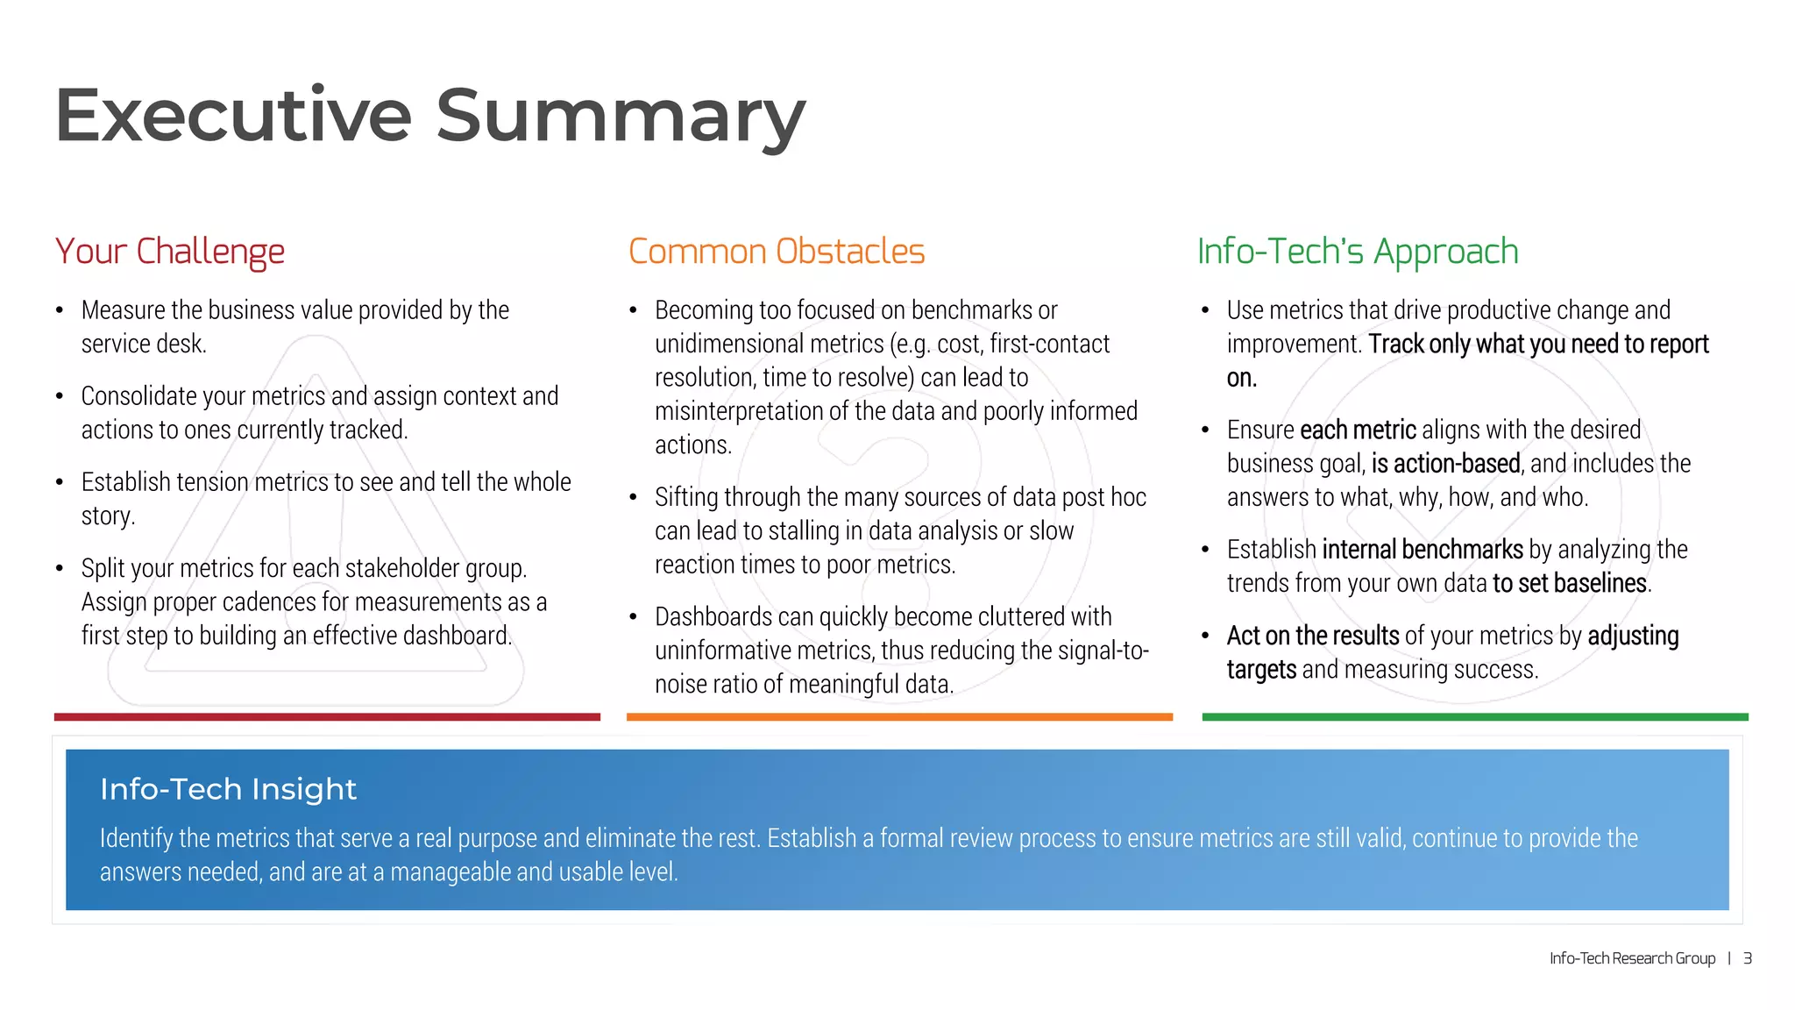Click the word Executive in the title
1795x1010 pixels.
pos(233,115)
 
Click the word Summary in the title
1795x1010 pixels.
pos(620,115)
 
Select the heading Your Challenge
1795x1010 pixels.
pos(170,252)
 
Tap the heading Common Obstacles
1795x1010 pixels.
pos(777,252)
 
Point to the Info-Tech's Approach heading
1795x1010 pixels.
pos(1358,252)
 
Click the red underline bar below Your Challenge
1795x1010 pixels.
pos(327,717)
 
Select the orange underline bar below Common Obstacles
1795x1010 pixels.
pos(899,717)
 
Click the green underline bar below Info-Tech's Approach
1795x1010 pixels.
pos(1475,717)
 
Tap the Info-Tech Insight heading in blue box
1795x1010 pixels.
pos(228,789)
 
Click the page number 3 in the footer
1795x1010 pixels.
pos(1747,958)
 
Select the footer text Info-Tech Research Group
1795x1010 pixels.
pos(1632,958)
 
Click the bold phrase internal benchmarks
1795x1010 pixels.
pos(1423,550)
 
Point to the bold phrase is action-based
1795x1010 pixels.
pos(1445,464)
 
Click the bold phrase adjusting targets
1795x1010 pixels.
pos(1633,636)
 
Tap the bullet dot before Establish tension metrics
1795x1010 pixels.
pos(60,482)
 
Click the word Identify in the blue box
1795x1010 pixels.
pos(136,838)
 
